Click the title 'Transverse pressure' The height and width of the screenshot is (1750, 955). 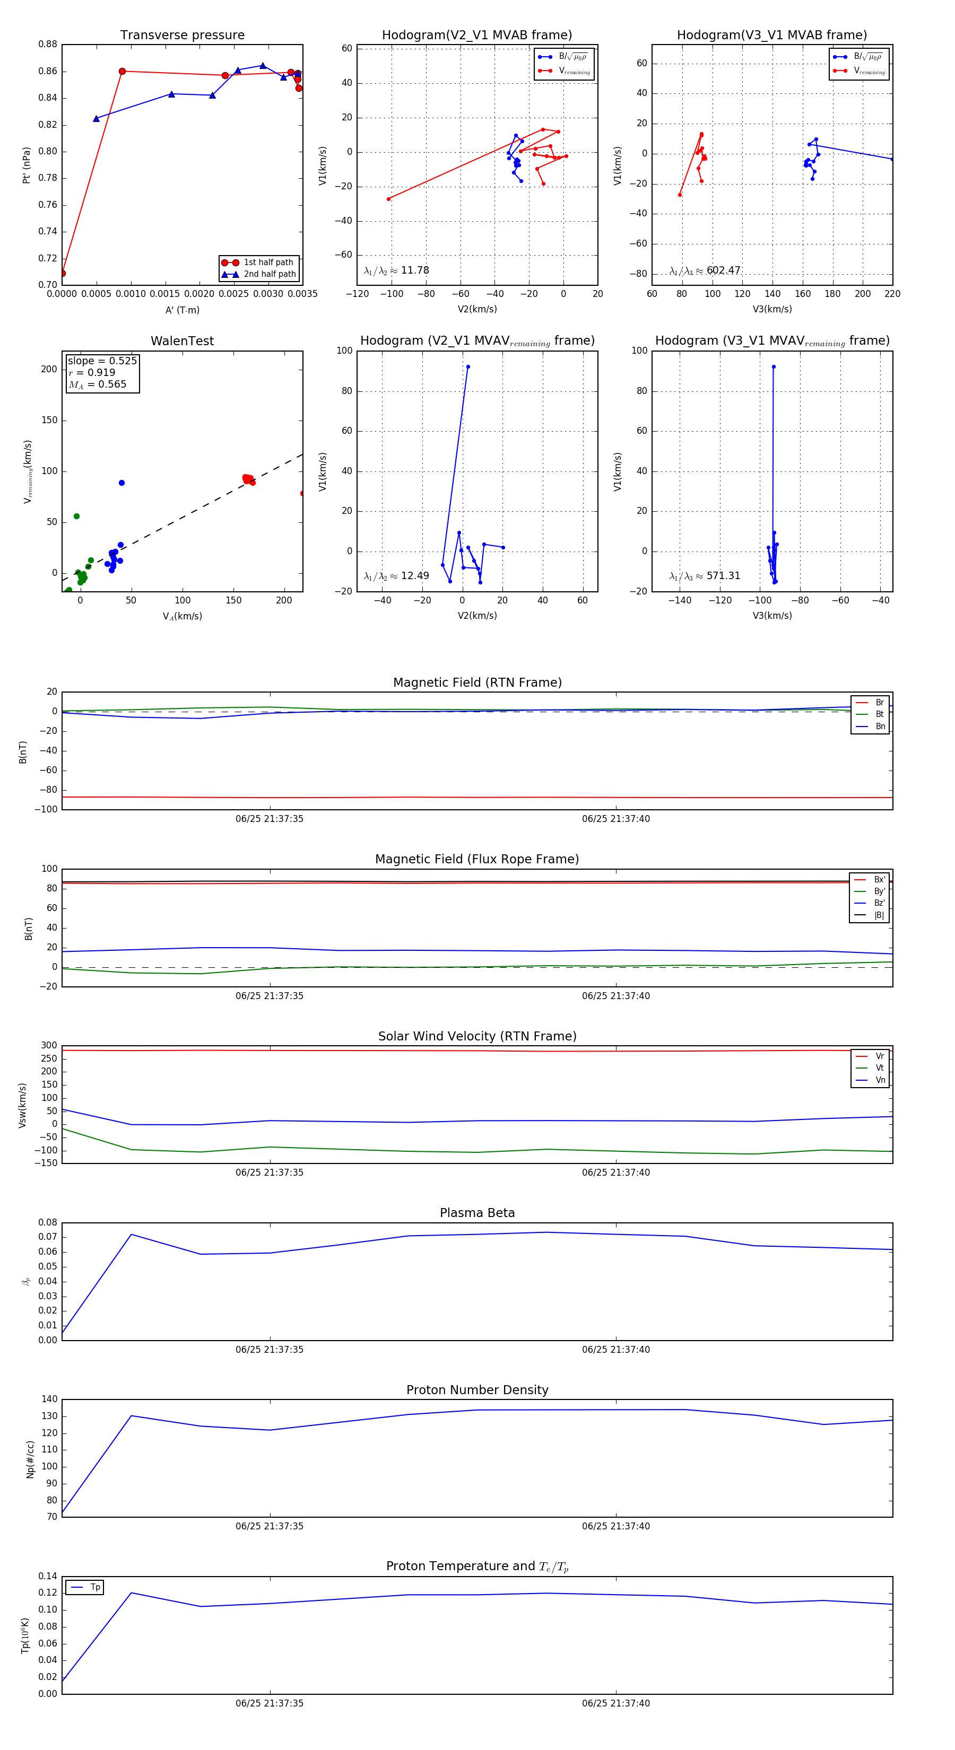tap(182, 36)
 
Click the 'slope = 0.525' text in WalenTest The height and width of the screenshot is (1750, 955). tap(102, 361)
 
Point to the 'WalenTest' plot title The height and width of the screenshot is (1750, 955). tap(182, 341)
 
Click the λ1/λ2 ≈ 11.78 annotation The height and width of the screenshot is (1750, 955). tap(396, 270)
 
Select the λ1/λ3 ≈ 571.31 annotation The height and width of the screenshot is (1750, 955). tap(705, 575)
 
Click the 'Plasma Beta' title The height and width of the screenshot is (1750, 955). tap(477, 1213)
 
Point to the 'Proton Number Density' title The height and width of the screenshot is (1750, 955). tap(477, 1390)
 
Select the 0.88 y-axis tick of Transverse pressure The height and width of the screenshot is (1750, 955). tap(48, 44)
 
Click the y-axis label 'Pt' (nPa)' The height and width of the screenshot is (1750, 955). tap(27, 165)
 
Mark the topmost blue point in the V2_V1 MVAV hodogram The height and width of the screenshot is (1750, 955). tap(467, 367)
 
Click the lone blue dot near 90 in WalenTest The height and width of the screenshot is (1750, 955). tap(121, 483)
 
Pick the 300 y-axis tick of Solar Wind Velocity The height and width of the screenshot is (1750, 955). tap(49, 1046)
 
